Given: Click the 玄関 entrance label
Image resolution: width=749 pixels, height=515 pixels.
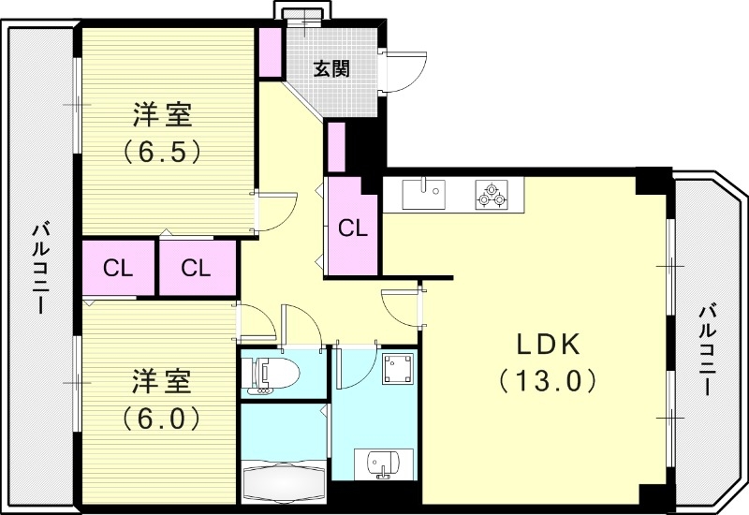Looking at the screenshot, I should pos(331,68).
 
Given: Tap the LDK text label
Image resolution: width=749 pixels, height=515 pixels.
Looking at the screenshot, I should pos(550,344).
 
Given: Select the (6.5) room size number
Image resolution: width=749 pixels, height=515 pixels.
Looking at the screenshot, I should pos(162,152).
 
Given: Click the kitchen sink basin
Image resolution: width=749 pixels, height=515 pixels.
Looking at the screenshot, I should pos(426,194).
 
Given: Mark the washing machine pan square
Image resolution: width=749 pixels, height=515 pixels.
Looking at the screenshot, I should pos(400,369).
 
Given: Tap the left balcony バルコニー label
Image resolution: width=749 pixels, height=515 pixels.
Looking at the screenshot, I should pos(40,267).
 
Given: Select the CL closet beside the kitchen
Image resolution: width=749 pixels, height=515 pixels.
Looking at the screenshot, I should pos(352,228).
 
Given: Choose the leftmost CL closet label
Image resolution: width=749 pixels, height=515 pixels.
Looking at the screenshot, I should pos(117,269).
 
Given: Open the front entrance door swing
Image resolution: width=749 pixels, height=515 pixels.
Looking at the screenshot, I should pos(404,70).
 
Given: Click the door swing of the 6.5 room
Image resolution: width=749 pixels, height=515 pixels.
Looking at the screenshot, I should pos(275,212).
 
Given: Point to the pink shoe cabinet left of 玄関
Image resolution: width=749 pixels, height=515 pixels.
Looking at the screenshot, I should pos(270,53).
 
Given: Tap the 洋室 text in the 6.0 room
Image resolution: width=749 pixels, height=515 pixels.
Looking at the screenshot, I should pos(162,382).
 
